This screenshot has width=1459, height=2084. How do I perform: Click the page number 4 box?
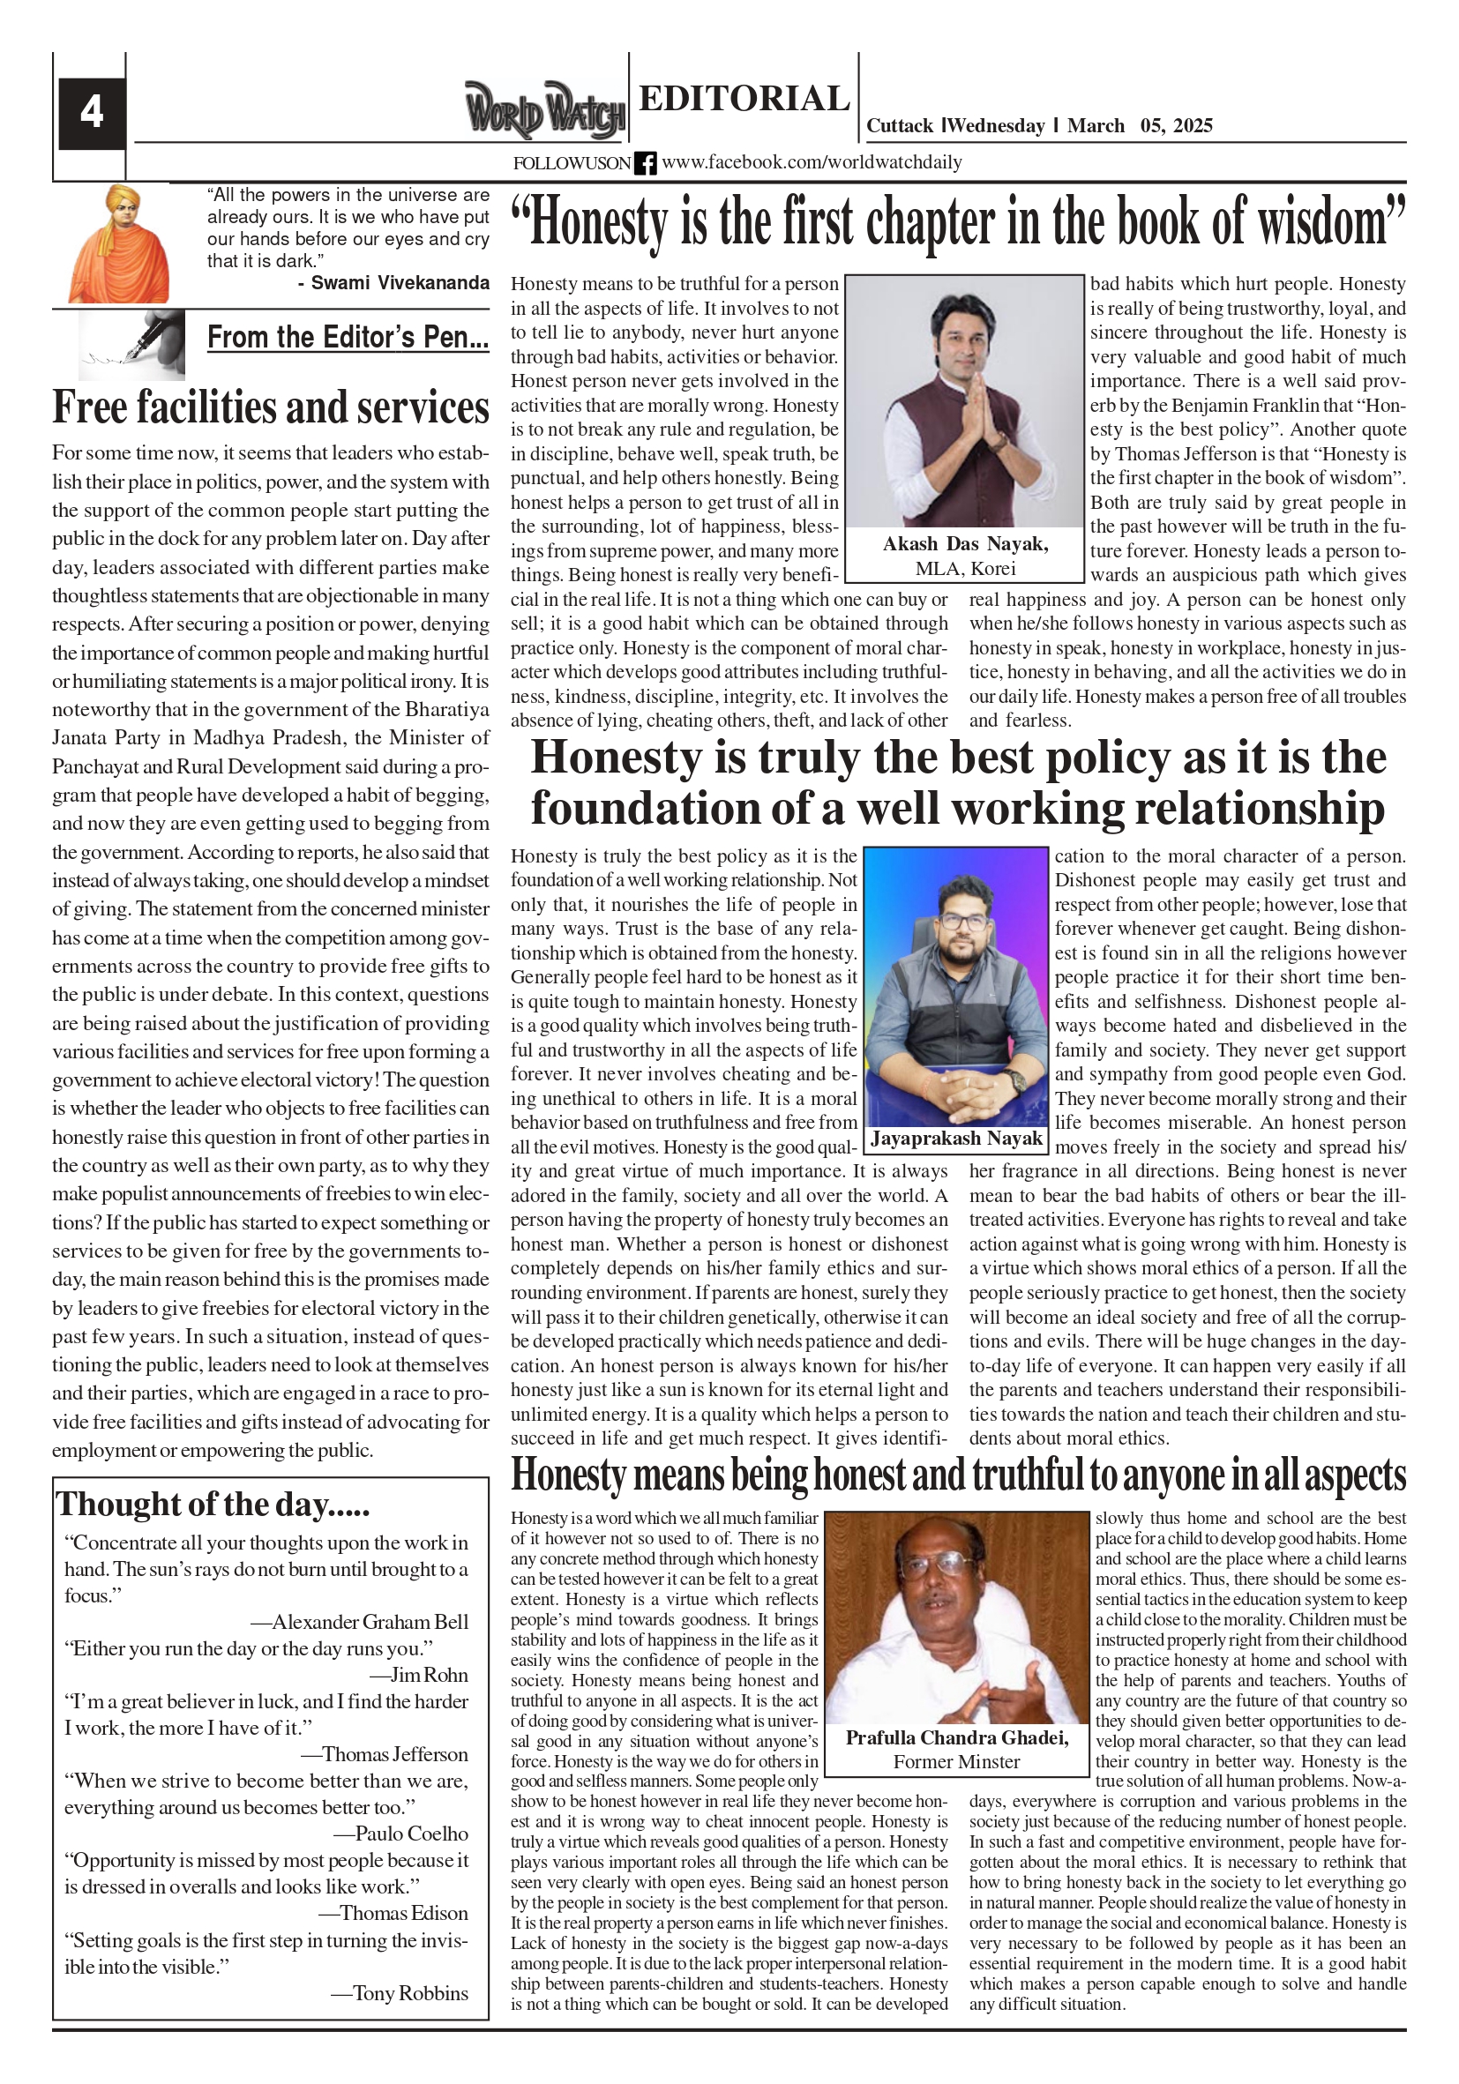pos(92,113)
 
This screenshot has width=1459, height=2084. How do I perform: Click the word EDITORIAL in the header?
pos(744,98)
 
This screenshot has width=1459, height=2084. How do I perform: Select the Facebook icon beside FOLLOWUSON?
pos(645,163)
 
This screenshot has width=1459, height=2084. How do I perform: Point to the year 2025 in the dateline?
pos(1191,125)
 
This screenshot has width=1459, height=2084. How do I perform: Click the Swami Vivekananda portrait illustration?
pos(119,244)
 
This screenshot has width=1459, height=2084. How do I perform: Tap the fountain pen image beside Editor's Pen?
pos(132,344)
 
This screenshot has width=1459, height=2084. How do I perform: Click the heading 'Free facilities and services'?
pos(271,407)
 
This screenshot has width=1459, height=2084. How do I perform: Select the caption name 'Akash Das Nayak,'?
pos(965,543)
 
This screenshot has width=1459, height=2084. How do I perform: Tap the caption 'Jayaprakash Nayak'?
pos(957,1139)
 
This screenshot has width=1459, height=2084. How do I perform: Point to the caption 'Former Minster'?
pos(956,1761)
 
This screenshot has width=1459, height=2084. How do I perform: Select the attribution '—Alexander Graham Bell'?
pos(360,1622)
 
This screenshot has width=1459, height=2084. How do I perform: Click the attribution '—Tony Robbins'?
pos(400,1993)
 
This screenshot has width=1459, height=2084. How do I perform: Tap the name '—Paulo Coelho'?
pos(400,1834)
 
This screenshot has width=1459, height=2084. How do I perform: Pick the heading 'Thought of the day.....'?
pos(213,1504)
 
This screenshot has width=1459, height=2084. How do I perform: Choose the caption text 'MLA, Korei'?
pos(965,568)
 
